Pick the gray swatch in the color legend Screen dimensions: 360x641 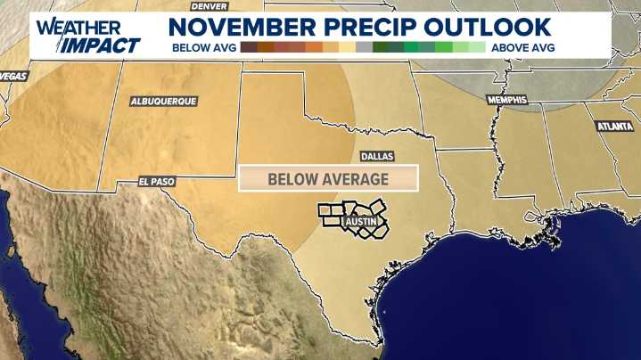tap(364, 46)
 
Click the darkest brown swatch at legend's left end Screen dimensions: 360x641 tap(249, 46)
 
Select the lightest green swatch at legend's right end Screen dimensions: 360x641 tap(477, 46)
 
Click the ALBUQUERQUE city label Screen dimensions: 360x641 tap(163, 102)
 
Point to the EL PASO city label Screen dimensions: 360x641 tap(157, 181)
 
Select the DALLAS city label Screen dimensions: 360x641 tap(376, 155)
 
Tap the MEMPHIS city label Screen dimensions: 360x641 tap(506, 99)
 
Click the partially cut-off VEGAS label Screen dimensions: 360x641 tap(11, 76)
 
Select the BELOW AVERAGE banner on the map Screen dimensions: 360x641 tap(328, 179)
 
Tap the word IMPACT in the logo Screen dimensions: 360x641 tap(105, 45)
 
